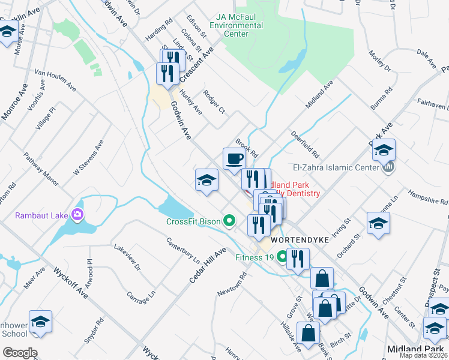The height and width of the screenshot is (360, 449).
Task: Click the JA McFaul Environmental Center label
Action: [240, 26]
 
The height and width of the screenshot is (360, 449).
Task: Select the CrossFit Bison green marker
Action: [229, 221]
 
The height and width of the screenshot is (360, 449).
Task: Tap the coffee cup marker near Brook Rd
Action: [234, 160]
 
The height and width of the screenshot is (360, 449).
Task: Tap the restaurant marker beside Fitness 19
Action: [297, 259]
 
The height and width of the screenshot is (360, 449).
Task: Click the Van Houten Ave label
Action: [55, 79]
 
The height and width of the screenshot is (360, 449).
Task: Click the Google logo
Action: [20, 353]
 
